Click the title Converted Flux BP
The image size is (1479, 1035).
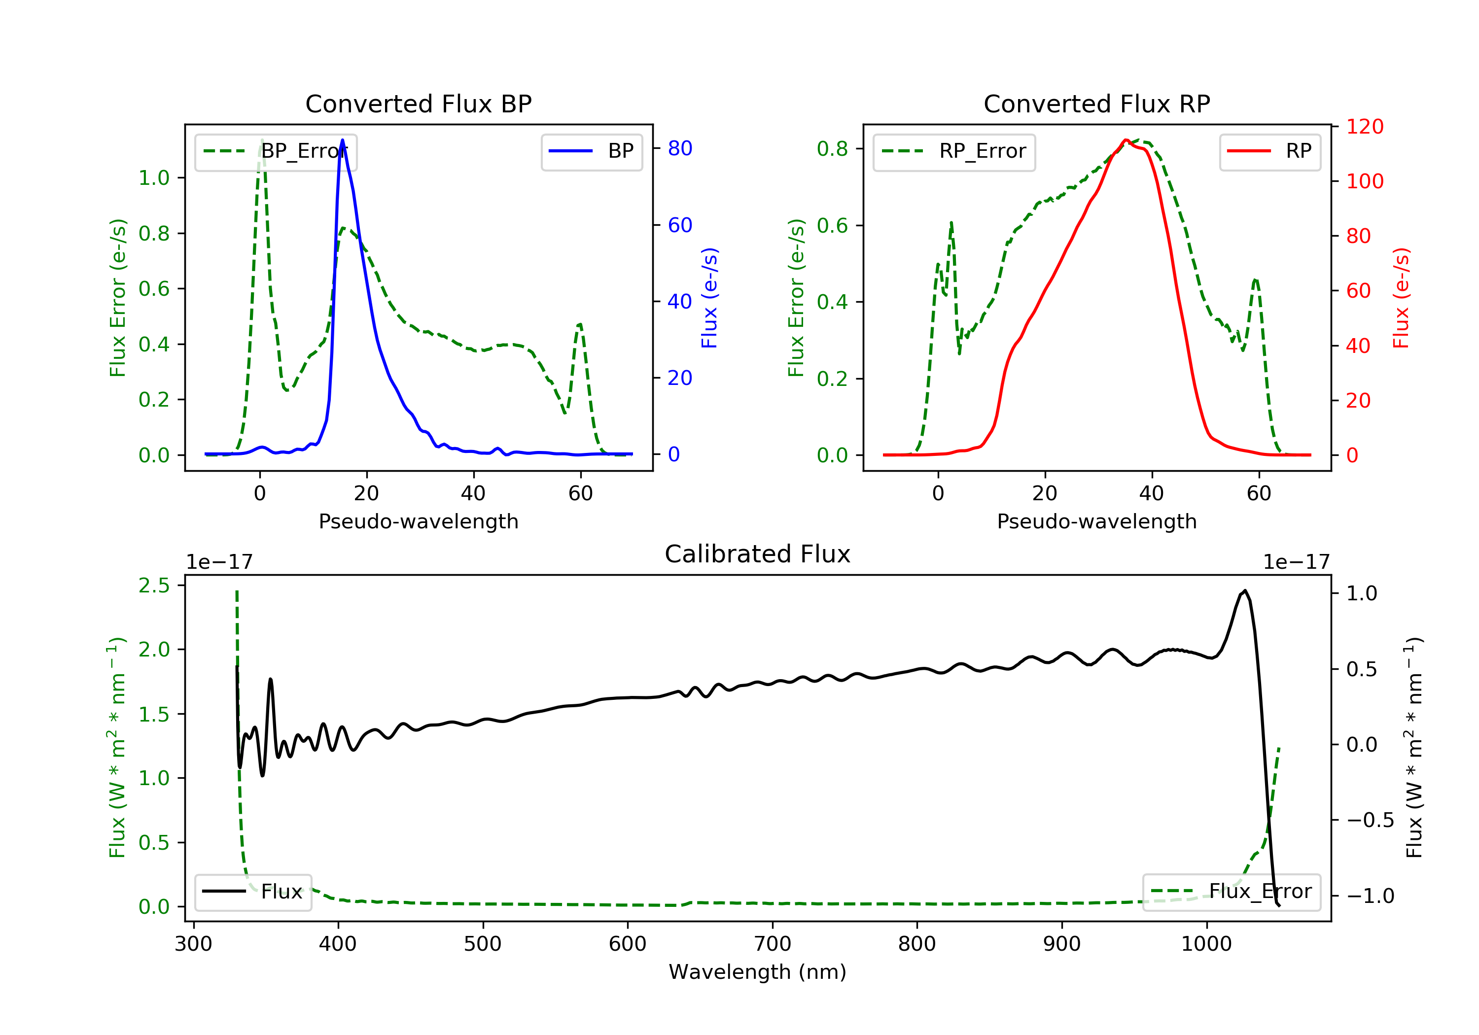click(x=418, y=103)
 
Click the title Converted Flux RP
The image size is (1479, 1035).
click(x=1096, y=103)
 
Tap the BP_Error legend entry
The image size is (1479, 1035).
click(x=275, y=151)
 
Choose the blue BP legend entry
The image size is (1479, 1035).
click(x=591, y=151)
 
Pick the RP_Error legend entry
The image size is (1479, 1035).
click(x=953, y=151)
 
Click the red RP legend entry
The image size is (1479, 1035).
click(x=1269, y=151)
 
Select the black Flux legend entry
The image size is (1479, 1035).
click(x=252, y=892)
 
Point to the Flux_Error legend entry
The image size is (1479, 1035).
click(x=1231, y=892)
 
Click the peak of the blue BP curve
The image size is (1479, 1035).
click(x=342, y=140)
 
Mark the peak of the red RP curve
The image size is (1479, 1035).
click(x=1126, y=140)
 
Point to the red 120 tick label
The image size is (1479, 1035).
click(x=1365, y=126)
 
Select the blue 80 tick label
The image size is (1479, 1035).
click(x=680, y=148)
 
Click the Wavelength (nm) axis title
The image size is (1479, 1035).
click(x=758, y=972)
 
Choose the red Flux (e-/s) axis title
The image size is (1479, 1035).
click(x=1402, y=298)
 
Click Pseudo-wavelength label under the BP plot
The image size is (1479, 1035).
click(x=419, y=521)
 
